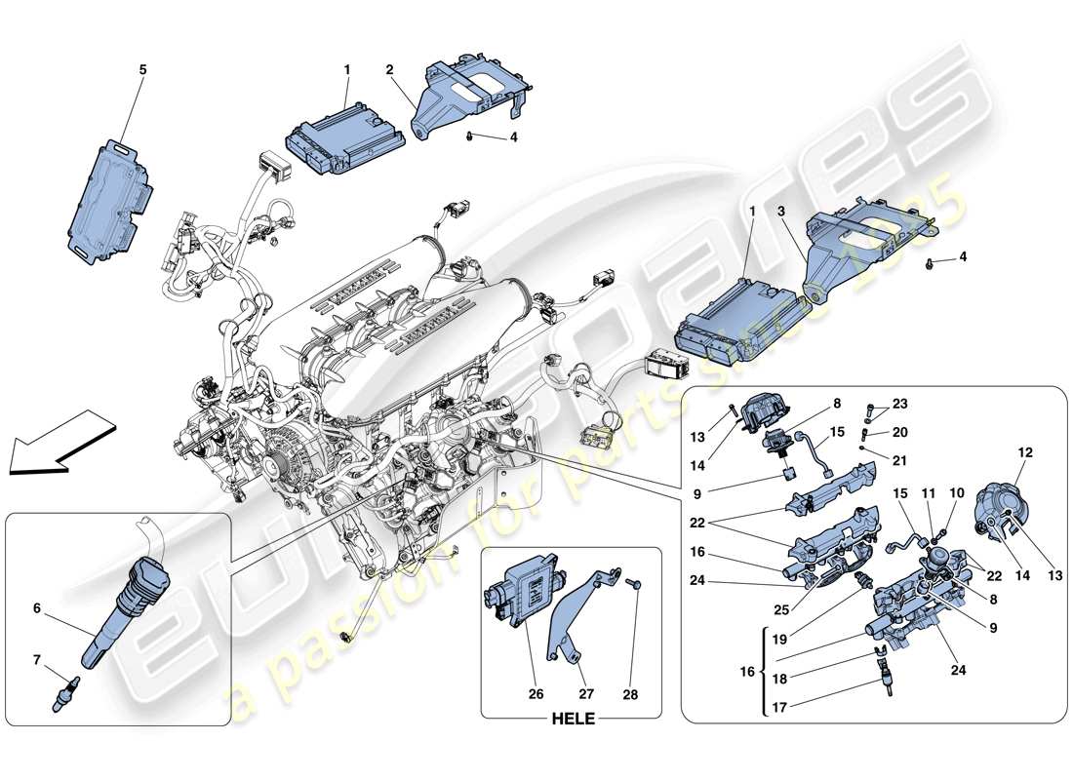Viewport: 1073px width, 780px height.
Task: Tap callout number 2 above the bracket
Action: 389,70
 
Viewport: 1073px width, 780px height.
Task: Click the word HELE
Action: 570,722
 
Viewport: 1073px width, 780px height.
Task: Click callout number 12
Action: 1024,452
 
